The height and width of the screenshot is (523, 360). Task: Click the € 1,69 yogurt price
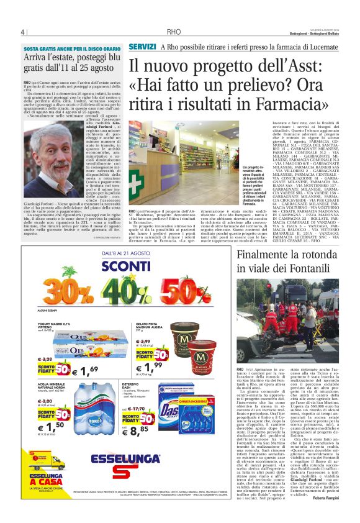[x=89, y=371]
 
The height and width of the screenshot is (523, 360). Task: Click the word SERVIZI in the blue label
[x=142, y=47]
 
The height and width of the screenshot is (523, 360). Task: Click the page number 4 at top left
[x=23, y=32]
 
